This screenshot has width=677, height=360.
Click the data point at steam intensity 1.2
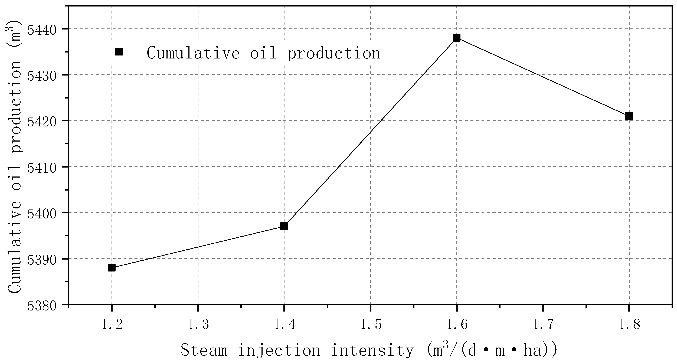click(x=112, y=268)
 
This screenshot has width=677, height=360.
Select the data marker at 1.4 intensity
click(x=284, y=226)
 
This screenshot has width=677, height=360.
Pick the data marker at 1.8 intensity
click(x=629, y=116)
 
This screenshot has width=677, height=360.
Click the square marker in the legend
click(x=119, y=52)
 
